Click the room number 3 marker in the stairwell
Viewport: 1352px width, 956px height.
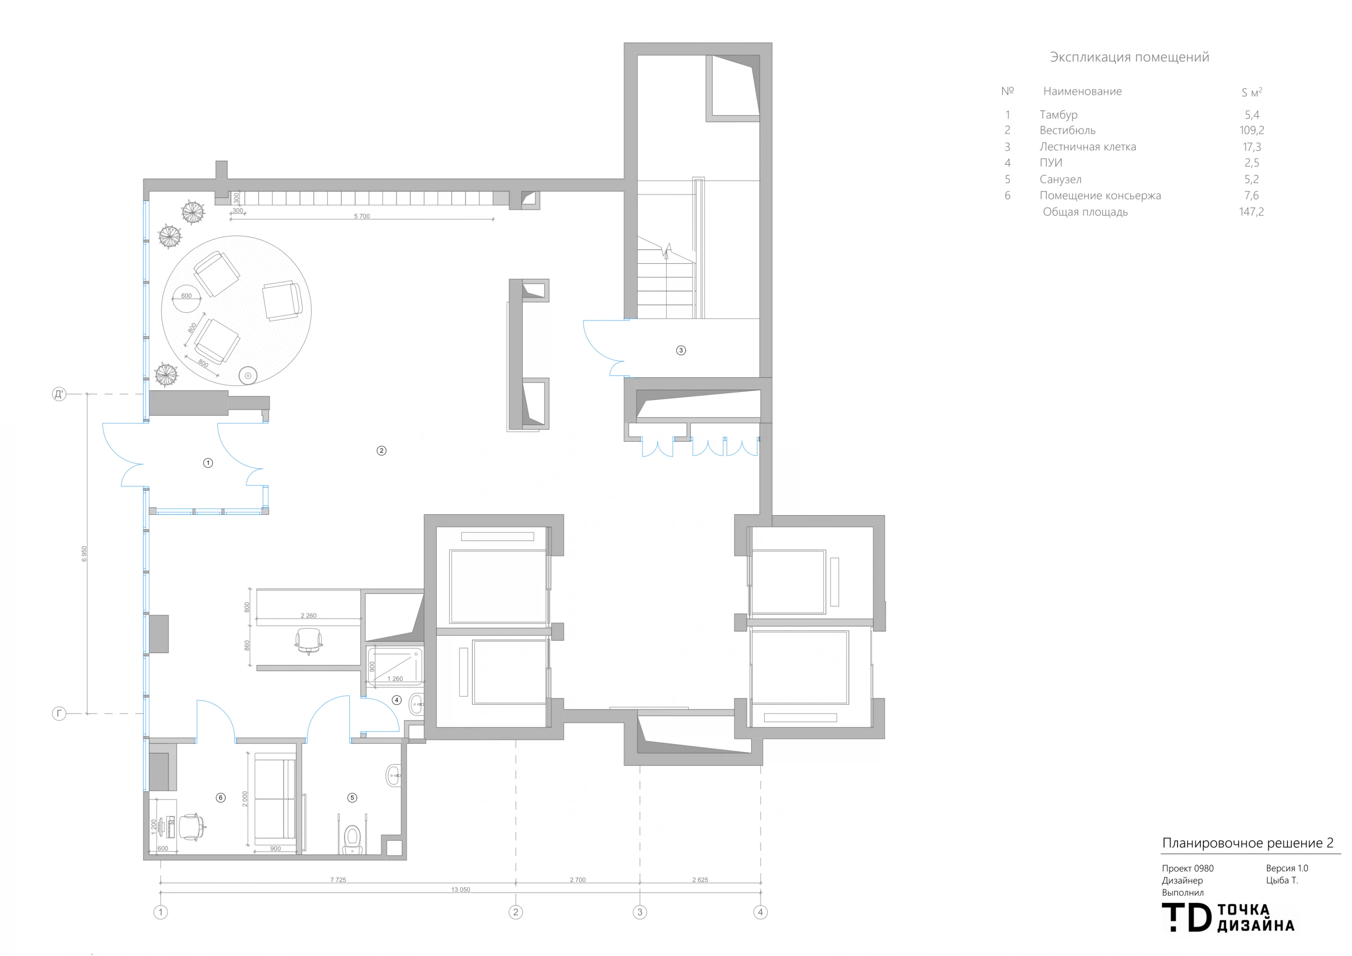click(681, 350)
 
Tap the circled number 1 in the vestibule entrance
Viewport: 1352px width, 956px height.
click(208, 463)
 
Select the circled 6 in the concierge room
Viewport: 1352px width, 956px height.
click(221, 798)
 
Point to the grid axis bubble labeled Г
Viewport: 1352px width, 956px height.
click(59, 714)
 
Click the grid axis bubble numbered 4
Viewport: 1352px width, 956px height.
click(760, 912)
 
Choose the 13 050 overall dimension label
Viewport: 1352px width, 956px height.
click(461, 890)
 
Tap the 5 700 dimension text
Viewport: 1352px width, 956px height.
click(362, 216)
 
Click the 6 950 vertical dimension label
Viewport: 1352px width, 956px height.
click(84, 553)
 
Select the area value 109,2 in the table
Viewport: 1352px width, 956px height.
click(1252, 130)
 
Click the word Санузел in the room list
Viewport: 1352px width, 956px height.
click(1060, 180)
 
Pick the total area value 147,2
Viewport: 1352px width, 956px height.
click(1251, 211)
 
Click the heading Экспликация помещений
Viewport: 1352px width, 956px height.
click(1129, 57)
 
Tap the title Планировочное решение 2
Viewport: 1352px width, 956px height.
click(1248, 843)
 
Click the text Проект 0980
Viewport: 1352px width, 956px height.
click(1188, 868)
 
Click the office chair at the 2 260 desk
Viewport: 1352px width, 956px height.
click(308, 641)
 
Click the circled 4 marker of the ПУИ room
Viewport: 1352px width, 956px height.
click(397, 700)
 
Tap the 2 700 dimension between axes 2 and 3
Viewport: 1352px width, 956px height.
click(578, 880)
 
